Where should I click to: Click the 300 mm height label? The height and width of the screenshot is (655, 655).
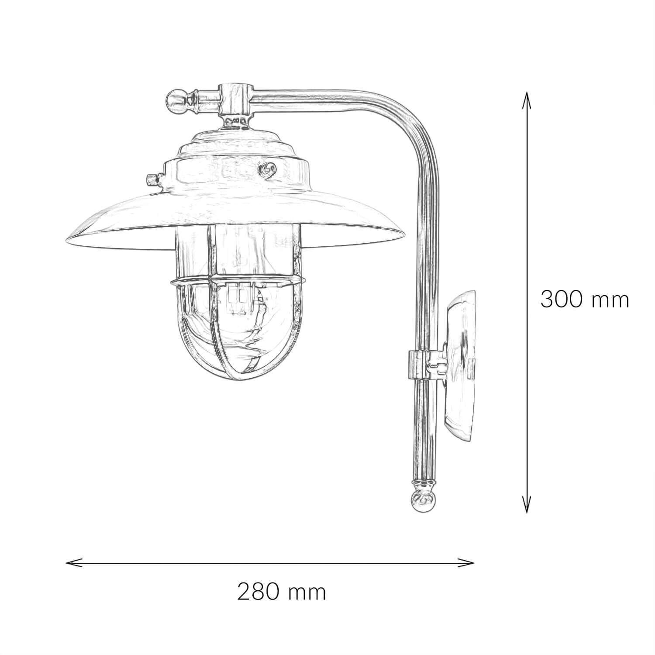click(584, 300)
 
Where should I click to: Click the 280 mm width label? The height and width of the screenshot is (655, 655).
click(282, 593)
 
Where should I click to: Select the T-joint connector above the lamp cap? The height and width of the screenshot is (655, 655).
click(236, 98)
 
